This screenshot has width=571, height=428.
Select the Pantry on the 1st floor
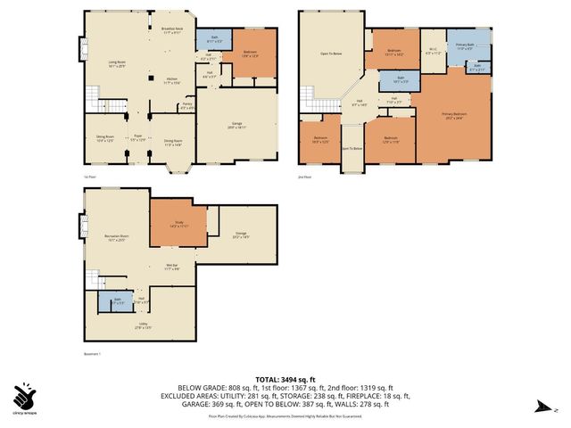pyautogui.click(x=186, y=106)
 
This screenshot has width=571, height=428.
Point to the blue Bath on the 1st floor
pyautogui.click(x=219, y=40)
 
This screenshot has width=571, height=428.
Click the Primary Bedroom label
pyautogui.click(x=454, y=114)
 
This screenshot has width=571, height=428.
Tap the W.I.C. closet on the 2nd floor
pyautogui.click(x=433, y=52)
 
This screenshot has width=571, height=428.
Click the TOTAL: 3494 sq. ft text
pyautogui.click(x=285, y=379)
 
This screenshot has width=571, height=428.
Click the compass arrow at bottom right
pyautogui.click(x=542, y=408)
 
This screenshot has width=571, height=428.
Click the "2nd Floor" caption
pyautogui.click(x=305, y=177)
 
